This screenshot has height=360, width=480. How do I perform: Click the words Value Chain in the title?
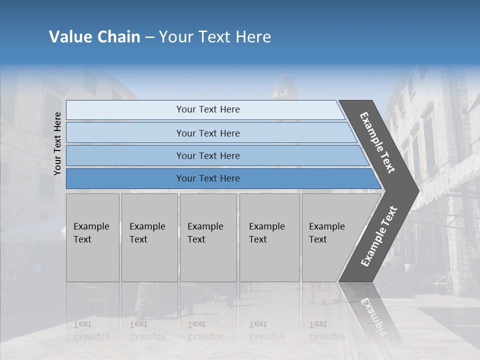coord(94,37)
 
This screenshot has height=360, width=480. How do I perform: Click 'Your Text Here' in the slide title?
coord(215,37)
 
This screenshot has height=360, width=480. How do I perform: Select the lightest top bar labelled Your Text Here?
coord(207,109)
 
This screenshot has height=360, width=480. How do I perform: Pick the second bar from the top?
coord(207,133)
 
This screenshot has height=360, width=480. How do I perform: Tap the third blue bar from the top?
coord(207,155)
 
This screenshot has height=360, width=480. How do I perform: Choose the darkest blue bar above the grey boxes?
coord(207,178)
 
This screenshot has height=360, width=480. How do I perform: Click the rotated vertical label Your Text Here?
coord(58,143)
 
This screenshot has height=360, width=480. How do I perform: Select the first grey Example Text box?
coord(92,237)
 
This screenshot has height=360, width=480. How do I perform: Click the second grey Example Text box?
coord(149,237)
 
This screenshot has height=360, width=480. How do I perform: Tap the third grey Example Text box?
coord(208,237)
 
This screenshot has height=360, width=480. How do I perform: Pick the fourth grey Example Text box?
coord(269,237)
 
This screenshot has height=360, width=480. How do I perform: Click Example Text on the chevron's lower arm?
coord(379,236)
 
